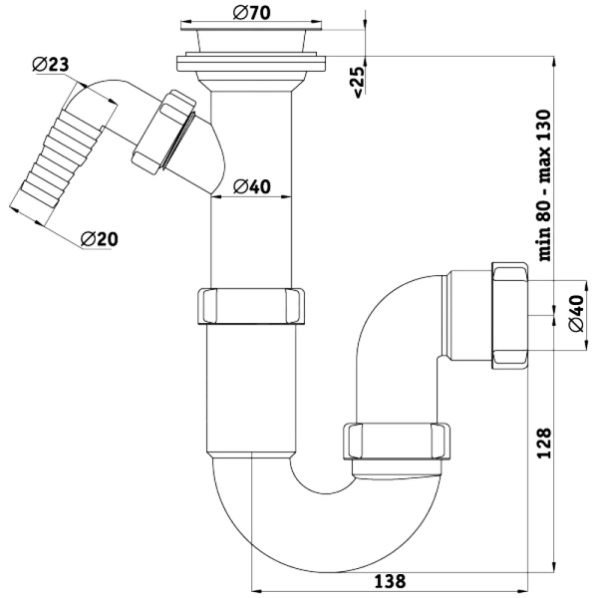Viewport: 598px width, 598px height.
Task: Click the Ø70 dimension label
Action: click(x=252, y=13)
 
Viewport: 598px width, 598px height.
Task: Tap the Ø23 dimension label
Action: click(x=51, y=65)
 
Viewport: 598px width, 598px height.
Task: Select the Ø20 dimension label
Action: click(x=100, y=239)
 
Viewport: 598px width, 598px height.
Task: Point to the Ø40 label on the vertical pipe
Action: click(x=252, y=186)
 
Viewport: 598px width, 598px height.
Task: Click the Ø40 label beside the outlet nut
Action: click(x=576, y=314)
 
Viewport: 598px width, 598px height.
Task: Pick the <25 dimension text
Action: click(x=359, y=83)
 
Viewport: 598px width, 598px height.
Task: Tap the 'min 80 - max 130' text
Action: click(x=544, y=185)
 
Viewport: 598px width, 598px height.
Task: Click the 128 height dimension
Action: click(x=544, y=444)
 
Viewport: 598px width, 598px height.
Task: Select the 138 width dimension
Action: click(x=390, y=581)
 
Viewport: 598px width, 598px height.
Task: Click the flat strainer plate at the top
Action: click(x=251, y=26)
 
